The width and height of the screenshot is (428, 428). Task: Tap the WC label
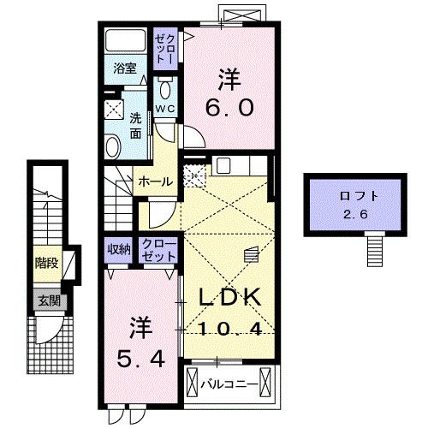165,109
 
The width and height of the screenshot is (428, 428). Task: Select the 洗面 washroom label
136,126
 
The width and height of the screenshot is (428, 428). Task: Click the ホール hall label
156,181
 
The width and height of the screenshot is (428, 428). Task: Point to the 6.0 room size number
227,110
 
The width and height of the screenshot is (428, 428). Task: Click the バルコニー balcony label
229,383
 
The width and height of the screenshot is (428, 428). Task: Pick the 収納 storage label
119,249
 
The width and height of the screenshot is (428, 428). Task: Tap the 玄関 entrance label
46,300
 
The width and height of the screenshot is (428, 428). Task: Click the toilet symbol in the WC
166,90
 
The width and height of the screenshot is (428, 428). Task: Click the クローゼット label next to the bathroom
164,49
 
